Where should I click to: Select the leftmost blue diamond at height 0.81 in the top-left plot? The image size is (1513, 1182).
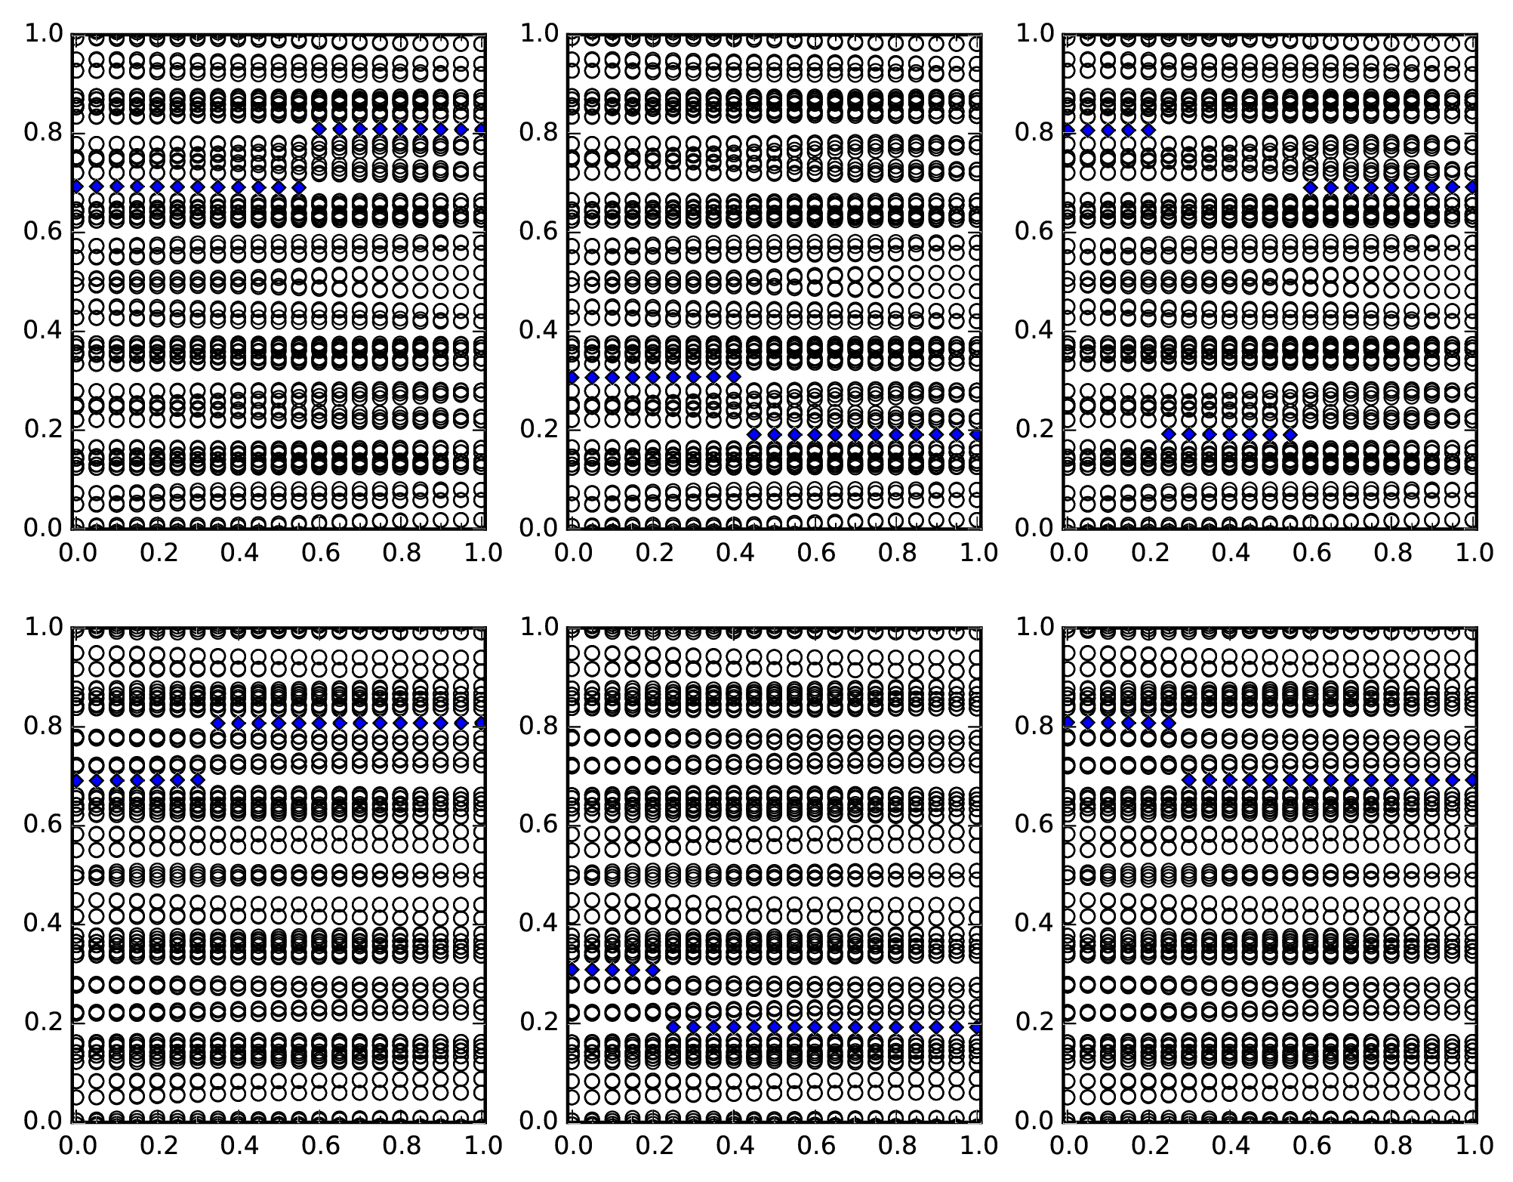pyautogui.click(x=319, y=129)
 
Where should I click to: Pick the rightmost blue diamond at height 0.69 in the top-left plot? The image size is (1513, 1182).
pyautogui.click(x=299, y=187)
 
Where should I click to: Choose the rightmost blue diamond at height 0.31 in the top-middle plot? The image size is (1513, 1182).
pyautogui.click(x=734, y=376)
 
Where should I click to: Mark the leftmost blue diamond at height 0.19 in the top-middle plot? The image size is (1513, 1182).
pyautogui.click(x=754, y=434)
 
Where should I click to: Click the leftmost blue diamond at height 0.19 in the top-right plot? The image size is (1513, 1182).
pyautogui.click(x=1169, y=434)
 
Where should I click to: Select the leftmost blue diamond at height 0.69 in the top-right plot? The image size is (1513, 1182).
pyautogui.click(x=1311, y=187)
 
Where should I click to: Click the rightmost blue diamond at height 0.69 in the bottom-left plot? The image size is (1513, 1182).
pyautogui.click(x=198, y=779)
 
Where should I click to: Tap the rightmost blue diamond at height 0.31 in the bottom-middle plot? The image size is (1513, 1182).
pyautogui.click(x=653, y=970)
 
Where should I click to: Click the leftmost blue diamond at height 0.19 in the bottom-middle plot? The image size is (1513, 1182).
pyautogui.click(x=673, y=1027)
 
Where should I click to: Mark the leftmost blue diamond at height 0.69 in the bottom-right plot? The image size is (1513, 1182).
pyautogui.click(x=1189, y=779)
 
